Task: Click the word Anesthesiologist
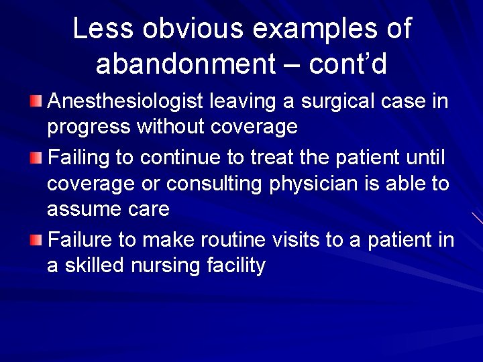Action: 126,102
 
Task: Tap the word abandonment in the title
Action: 185,64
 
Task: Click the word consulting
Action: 215,184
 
